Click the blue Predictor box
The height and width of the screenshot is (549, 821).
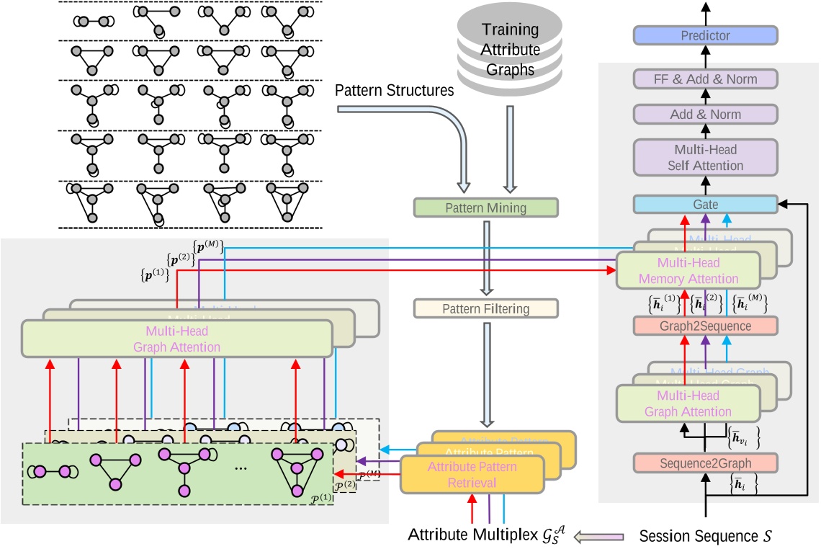pyautogui.click(x=705, y=35)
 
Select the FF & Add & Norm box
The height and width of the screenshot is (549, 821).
pyautogui.click(x=705, y=78)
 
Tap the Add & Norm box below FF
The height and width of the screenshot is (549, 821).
pyautogui.click(x=705, y=114)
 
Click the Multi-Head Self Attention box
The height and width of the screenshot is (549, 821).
pyautogui.click(x=705, y=157)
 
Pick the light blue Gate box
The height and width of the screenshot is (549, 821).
pyautogui.click(x=705, y=205)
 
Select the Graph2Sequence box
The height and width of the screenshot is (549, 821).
pyautogui.click(x=705, y=325)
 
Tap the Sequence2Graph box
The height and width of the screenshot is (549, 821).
pyautogui.click(x=705, y=463)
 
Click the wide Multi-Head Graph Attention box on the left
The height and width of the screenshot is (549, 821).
pyautogui.click(x=176, y=339)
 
